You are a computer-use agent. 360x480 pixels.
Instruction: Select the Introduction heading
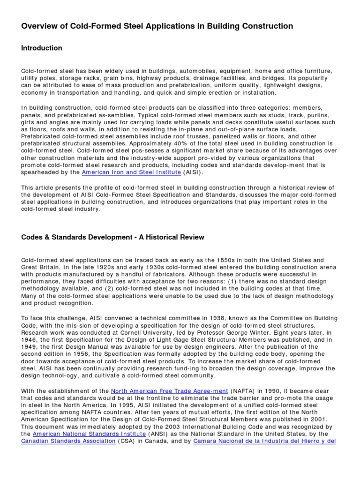[x=42, y=48]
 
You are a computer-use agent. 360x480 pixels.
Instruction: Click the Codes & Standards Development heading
[x=112, y=237]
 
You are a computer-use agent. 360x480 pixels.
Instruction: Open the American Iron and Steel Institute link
[x=131, y=172]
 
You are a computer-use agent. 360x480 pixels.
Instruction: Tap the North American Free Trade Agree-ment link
[x=170, y=391]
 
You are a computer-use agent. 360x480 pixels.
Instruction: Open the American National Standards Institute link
[x=89, y=434]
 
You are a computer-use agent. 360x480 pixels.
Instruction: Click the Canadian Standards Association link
[x=68, y=441]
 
